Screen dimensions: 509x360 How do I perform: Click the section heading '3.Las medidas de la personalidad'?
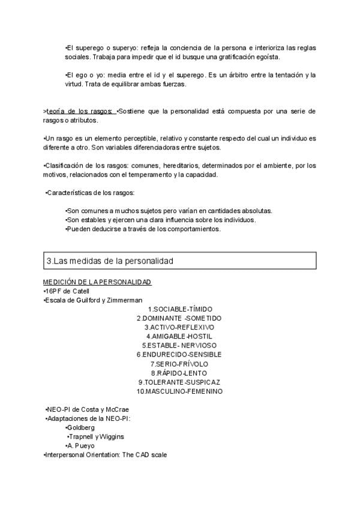coord(110,261)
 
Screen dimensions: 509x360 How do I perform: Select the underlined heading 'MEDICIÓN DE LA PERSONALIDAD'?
coord(97,282)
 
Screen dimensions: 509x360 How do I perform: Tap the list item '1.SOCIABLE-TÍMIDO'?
coord(179,309)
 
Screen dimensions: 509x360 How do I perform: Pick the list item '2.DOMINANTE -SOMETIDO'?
coord(179,318)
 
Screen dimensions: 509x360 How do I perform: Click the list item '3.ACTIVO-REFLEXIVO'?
coord(179,327)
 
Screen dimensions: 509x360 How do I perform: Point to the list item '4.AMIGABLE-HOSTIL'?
coord(179,337)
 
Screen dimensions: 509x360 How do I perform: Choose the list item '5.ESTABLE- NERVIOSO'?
coord(179,346)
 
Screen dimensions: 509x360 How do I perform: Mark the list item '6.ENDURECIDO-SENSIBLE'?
coord(179,355)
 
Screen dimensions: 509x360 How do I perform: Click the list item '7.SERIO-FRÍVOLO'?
coord(179,364)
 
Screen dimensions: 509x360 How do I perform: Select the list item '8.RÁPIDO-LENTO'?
coord(179,373)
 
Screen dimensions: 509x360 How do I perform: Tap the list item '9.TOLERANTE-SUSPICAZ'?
coord(179,382)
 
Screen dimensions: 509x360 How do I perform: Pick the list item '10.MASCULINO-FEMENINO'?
coord(179,391)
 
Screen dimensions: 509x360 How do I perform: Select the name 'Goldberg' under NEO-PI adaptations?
coord(81,427)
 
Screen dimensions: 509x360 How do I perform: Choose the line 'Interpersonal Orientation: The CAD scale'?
coord(105,455)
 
